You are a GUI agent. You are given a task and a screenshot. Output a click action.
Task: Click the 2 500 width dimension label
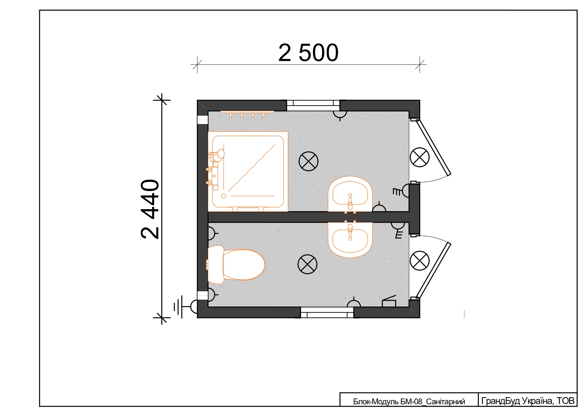coord(308,53)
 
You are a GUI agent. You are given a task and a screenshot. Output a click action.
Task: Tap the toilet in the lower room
coord(236,264)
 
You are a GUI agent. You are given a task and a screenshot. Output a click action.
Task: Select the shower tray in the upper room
coord(248,172)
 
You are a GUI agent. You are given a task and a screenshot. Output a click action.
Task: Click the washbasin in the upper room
coord(350,194)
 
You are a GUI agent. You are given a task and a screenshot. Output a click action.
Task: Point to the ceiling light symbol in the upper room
coord(309,161)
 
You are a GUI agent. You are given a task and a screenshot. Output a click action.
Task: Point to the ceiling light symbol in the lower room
coord(308,264)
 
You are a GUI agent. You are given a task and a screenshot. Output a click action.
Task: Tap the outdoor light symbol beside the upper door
coord(420,157)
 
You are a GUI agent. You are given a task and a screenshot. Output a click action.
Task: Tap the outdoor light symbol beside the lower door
coord(420,260)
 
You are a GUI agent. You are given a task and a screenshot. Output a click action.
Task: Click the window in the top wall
coord(313,105)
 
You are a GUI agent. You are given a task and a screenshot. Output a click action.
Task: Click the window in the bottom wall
coord(327,312)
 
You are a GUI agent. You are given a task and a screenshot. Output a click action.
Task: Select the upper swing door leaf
coord(434,147)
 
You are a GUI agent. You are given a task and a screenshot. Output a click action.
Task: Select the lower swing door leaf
coord(434,270)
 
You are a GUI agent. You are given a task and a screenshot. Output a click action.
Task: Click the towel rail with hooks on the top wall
coord(247,114)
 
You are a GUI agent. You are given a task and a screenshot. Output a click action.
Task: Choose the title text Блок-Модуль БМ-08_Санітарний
coord(409,402)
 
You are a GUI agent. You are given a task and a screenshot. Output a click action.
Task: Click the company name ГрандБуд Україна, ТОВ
coord(528,401)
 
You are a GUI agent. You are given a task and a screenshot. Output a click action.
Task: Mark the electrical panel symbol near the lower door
coord(389,301)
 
